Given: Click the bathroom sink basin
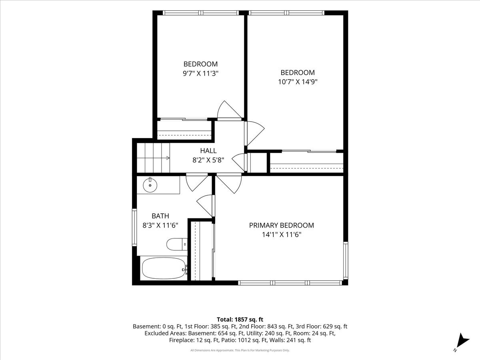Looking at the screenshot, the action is click(x=150, y=185).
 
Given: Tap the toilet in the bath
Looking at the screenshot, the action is click(x=177, y=244).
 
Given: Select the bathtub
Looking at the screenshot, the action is click(x=164, y=268).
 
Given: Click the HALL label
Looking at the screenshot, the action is click(x=208, y=151).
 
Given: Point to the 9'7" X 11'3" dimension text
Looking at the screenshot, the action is click(x=201, y=74).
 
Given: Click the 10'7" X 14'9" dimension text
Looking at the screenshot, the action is click(x=298, y=82).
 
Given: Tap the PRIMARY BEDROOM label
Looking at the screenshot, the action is click(x=282, y=225).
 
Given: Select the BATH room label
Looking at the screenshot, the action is click(x=160, y=216).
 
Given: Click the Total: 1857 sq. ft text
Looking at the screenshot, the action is click(x=240, y=320).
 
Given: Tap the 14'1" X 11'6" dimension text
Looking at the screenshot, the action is click(x=282, y=234).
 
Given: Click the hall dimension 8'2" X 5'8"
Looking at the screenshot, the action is click(x=208, y=160).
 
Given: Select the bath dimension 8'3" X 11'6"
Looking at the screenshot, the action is click(x=160, y=225).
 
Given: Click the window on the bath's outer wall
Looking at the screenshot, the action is click(x=134, y=227).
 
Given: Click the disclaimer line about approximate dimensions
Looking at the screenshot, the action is click(x=240, y=350).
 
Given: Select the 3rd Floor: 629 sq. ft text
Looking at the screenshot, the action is click(x=322, y=326).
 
